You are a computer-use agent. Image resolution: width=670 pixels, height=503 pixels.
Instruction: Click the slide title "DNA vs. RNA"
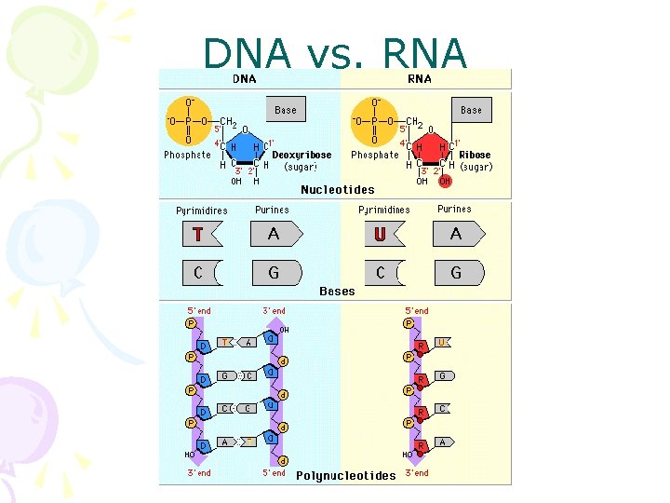pos(335,54)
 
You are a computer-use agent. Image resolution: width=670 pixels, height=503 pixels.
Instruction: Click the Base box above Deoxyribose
pos(286,109)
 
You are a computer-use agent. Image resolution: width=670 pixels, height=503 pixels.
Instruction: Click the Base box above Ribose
pos(471,109)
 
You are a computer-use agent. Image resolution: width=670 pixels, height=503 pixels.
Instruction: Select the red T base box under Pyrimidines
pos(198,234)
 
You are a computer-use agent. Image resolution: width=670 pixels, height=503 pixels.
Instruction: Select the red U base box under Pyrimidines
pos(380,234)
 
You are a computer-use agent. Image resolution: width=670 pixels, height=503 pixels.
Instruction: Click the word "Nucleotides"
pos(337,189)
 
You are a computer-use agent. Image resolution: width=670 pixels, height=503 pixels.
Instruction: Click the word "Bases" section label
pos(337,291)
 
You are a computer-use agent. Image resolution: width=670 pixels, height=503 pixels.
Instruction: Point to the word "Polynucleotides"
pos(345,476)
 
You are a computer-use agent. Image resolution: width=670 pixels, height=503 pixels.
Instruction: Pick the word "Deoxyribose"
pos(301,155)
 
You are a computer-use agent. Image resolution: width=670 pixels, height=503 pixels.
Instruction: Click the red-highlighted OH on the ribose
pos(444,181)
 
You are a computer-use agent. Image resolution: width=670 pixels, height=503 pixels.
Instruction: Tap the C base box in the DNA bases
pos(198,273)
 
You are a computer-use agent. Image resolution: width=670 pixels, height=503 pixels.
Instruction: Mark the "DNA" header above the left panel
pos(245,79)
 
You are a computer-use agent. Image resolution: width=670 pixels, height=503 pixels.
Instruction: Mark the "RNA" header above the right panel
pos(420,79)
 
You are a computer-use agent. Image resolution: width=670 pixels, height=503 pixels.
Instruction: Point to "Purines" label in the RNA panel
pos(454,210)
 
